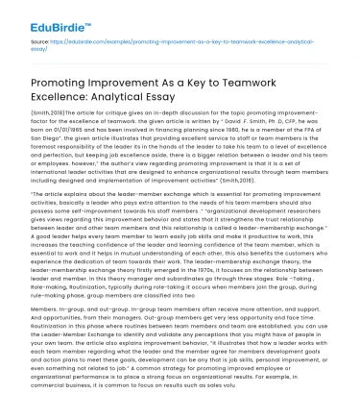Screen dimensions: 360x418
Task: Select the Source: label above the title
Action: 40,43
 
